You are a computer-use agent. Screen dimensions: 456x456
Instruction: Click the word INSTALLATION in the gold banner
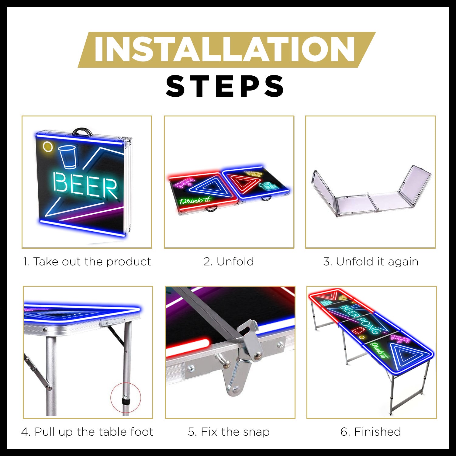point(224,50)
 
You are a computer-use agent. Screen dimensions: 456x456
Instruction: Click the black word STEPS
point(225,86)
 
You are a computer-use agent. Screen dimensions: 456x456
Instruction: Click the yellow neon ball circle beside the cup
point(48,147)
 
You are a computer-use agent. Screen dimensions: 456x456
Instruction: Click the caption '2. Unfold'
point(229,262)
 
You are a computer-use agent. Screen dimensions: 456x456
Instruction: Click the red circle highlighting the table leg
point(126,398)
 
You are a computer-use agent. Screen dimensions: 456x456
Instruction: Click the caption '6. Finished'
point(371,432)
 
